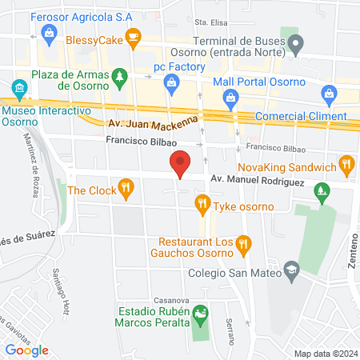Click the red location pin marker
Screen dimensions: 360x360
pyautogui.click(x=181, y=164)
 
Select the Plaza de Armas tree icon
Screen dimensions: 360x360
pyautogui.click(x=119, y=76)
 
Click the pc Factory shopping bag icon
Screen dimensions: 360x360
pyautogui.click(x=170, y=82)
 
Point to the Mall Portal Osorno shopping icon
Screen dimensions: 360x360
pyautogui.click(x=230, y=98)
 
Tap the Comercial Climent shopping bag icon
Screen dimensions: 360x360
pyautogui.click(x=329, y=94)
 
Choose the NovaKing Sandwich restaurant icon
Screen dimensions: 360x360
pyautogui.click(x=346, y=166)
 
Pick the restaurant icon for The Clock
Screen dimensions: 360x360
pyautogui.click(x=125, y=190)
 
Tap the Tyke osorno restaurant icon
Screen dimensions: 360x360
pyautogui.click(x=202, y=207)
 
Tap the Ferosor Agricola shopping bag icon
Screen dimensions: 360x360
pyautogui.click(x=50, y=32)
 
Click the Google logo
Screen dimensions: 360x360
pyautogui.click(x=26, y=350)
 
